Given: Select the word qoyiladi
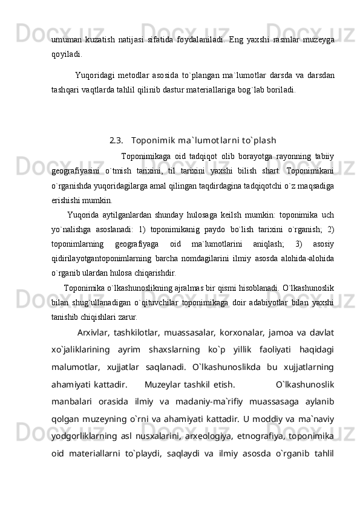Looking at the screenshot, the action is click(67, 52).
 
